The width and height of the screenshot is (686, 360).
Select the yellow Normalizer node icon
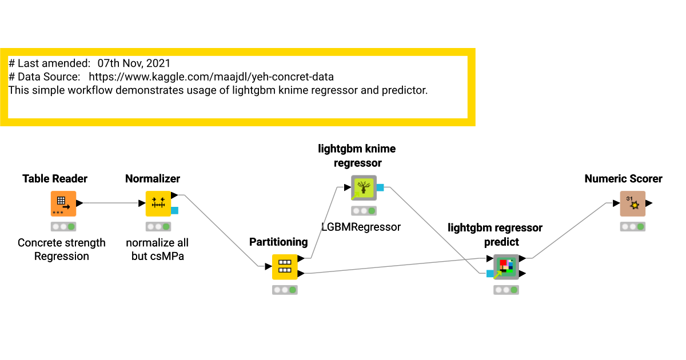(158, 203)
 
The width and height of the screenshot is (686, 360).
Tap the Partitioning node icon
(285, 267)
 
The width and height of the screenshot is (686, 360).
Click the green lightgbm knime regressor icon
(364, 187)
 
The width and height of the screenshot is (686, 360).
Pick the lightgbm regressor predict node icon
(506, 267)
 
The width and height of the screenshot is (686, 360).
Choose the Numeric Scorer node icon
(632, 203)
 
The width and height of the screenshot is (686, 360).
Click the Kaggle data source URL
(211, 77)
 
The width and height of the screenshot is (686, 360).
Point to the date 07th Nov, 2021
(134, 63)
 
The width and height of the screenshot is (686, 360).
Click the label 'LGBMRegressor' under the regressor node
(361, 227)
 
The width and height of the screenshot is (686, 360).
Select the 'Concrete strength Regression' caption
(62, 249)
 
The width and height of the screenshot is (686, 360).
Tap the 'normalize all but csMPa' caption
(157, 249)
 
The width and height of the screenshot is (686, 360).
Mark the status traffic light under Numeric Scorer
(632, 226)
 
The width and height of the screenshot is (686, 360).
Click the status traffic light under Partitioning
(285, 290)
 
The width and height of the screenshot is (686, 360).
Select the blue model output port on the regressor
(380, 187)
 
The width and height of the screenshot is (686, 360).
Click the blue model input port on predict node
(490, 274)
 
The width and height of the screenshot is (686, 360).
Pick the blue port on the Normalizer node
(174, 210)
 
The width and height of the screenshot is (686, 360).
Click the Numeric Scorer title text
(623, 179)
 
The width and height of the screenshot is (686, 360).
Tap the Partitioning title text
(278, 242)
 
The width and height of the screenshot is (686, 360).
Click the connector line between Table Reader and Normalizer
(111, 203)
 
